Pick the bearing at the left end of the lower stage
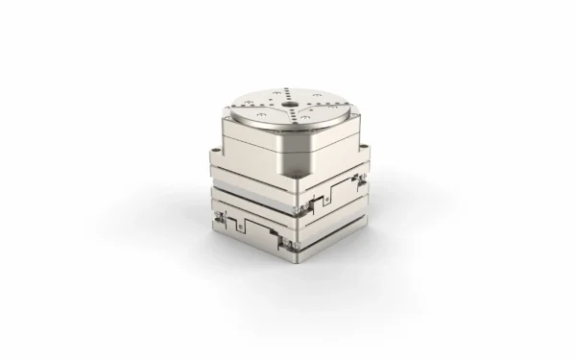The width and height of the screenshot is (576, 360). click(x=220, y=220)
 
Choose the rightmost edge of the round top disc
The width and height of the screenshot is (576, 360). click(x=347, y=102)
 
